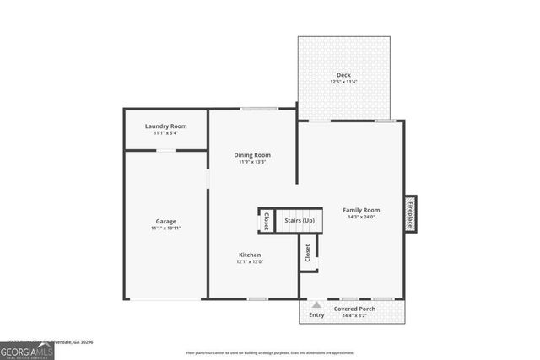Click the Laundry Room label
click(165, 126)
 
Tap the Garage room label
click(165, 220)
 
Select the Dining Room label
click(252, 154)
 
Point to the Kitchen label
click(250, 255)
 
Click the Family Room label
click(361, 210)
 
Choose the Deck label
click(344, 75)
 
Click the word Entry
click(316, 315)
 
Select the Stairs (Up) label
click(300, 221)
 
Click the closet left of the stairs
click(266, 221)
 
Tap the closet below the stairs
click(308, 252)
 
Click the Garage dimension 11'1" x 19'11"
click(166, 228)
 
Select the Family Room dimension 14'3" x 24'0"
click(361, 218)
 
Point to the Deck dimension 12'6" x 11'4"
click(344, 82)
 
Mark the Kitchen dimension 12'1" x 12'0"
click(250, 262)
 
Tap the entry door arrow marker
click(316, 305)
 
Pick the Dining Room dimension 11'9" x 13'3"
click(252, 162)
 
